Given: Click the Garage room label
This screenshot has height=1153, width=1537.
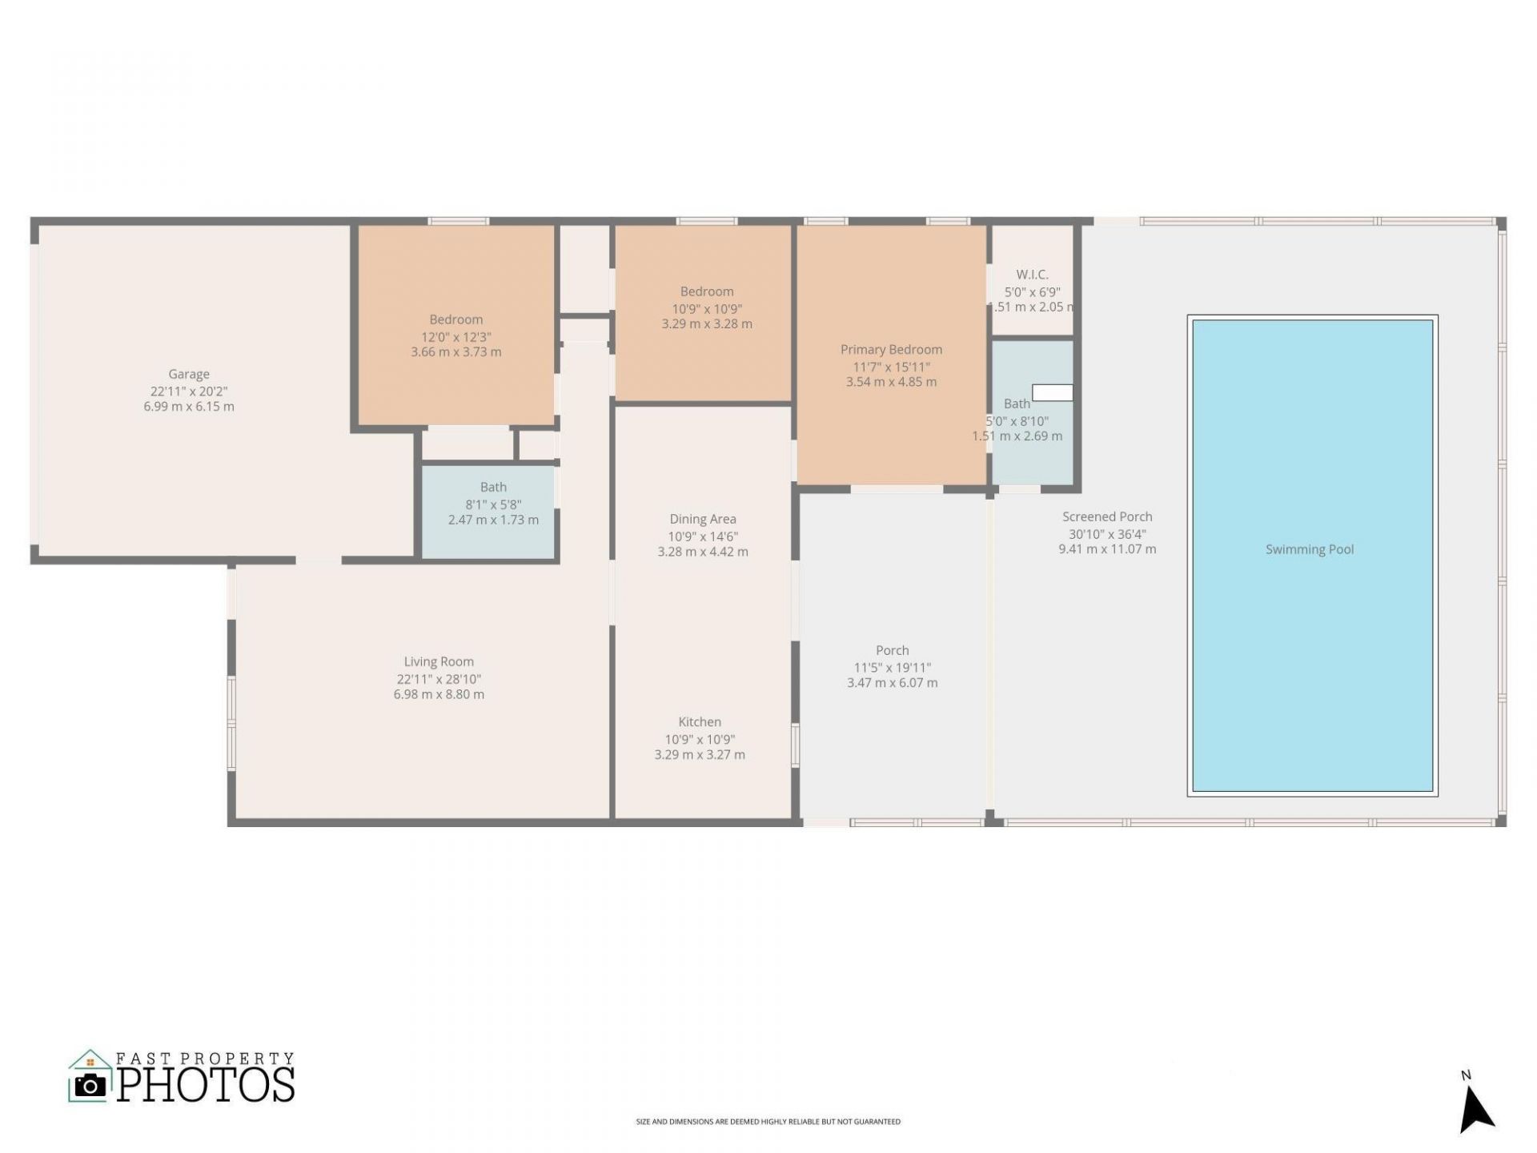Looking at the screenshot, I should click(x=189, y=374).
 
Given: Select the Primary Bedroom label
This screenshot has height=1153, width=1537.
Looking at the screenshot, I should click(x=891, y=350).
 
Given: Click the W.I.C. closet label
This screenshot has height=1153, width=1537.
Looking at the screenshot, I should click(x=1032, y=275).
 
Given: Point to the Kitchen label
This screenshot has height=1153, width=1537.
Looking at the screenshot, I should click(x=700, y=722).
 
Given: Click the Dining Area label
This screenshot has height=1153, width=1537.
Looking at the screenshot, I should click(x=703, y=520).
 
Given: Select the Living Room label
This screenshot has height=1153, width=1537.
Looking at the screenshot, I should click(x=439, y=662).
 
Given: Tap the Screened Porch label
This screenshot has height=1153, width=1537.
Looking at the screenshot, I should click(x=1107, y=517).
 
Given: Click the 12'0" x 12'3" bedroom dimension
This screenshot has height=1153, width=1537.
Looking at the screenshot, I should click(x=456, y=337).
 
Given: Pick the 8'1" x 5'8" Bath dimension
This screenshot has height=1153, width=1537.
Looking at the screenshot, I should click(x=493, y=504).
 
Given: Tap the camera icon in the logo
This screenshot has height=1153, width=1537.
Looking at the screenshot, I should click(x=90, y=1085).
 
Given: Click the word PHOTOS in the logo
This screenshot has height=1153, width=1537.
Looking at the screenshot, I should click(x=207, y=1084).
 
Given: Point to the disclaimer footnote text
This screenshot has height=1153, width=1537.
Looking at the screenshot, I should click(x=768, y=1122).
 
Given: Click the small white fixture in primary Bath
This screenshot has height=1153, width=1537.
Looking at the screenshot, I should click(x=1052, y=392).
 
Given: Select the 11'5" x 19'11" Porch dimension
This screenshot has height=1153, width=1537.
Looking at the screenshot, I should click(x=893, y=668).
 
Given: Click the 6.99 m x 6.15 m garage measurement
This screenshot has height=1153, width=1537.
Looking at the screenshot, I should click(x=189, y=407).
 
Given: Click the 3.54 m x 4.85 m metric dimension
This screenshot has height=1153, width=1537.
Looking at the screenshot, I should click(x=891, y=383).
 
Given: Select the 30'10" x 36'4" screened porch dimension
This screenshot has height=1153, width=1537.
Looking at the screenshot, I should click(x=1107, y=534).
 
